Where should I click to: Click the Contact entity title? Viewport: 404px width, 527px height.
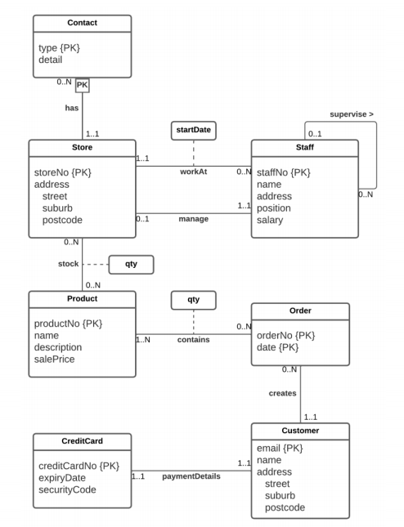tap(83, 23)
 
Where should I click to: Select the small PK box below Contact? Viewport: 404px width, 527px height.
tap(83, 85)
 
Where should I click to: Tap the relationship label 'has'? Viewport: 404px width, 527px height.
tap(72, 107)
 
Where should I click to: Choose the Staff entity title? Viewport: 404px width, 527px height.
tap(304, 148)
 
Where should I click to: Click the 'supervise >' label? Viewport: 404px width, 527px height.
tap(352, 114)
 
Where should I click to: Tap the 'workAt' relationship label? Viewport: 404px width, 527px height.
tap(193, 171)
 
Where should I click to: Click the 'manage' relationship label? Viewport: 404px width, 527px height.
tap(193, 219)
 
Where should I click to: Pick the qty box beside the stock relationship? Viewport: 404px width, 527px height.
tap(131, 264)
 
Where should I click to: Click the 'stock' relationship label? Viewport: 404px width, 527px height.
tap(68, 264)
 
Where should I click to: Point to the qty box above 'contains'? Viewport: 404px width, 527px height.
tap(194, 300)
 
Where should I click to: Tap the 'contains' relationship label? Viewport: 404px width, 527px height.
tap(193, 338)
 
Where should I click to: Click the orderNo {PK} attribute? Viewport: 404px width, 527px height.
tap(286, 335)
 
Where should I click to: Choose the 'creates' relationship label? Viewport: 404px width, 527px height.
tap(282, 393)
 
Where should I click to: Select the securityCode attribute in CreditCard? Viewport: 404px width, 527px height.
tap(67, 489)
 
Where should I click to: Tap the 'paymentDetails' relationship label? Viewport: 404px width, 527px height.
tap(191, 476)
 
